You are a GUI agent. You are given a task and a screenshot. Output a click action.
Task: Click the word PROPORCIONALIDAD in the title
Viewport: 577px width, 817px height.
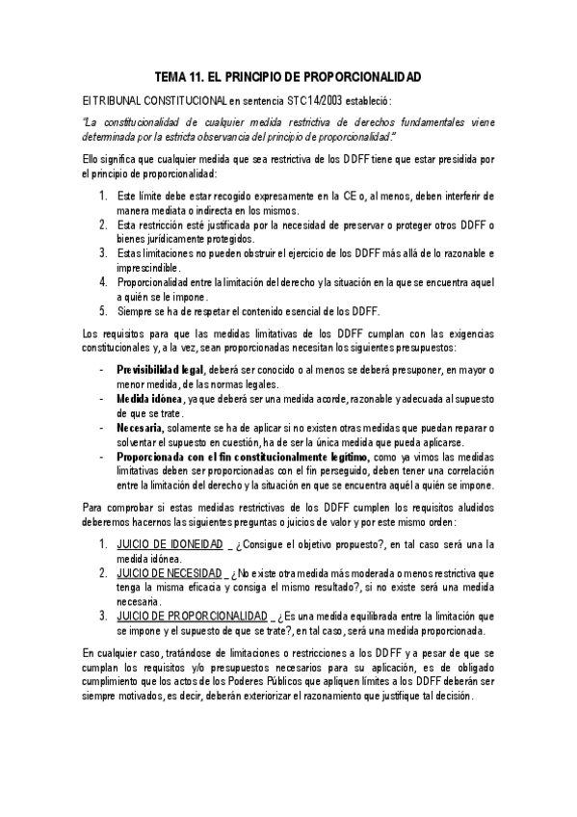tap(364, 76)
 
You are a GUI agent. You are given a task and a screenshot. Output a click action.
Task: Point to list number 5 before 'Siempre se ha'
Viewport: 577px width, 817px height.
tap(103, 311)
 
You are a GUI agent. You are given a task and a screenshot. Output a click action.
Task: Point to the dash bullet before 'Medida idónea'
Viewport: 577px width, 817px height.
tap(102, 399)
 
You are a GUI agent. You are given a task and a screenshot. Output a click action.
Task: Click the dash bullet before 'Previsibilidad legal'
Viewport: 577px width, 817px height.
tap(102, 370)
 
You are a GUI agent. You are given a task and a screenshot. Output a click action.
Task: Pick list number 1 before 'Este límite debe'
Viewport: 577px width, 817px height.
tap(103, 196)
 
